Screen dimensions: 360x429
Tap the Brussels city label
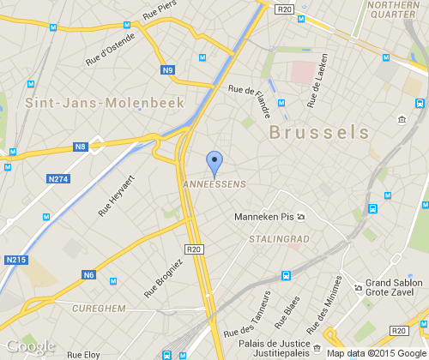(319, 132)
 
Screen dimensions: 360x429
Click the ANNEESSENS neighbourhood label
(214, 184)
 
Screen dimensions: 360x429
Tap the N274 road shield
(58, 179)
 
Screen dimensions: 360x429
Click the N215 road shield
(15, 259)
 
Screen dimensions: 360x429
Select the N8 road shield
(81, 147)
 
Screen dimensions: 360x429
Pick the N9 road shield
(168, 70)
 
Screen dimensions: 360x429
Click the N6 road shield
(88, 275)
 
